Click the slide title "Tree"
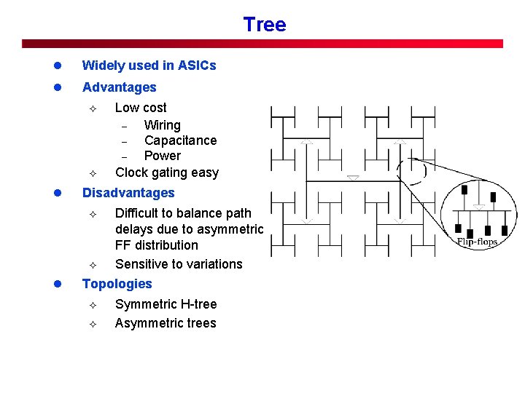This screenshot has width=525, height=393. tap(265, 25)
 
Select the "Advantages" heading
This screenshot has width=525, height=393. tap(119, 87)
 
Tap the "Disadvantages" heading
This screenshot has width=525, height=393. tap(128, 193)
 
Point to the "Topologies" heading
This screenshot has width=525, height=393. tap(117, 284)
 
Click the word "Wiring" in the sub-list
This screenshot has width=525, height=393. tap(162, 125)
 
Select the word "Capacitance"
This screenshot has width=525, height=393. tap(180, 140)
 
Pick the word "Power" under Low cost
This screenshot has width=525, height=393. tap(162, 156)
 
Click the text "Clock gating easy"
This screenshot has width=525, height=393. tap(166, 172)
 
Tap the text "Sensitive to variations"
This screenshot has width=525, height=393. tap(179, 264)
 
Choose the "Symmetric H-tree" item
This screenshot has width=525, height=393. tap(166, 304)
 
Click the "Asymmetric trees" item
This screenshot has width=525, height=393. tap(166, 323)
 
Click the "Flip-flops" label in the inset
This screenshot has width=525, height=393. tap(477, 242)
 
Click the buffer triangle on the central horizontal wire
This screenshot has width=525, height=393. tap(353, 177)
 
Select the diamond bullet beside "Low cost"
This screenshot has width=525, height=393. tap(92, 108)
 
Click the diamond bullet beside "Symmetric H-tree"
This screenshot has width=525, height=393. tap(92, 305)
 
